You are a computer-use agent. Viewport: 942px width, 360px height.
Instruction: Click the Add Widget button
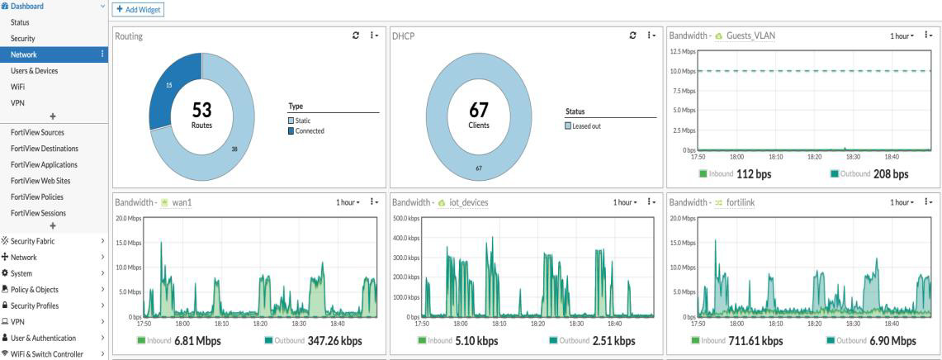(x=139, y=9)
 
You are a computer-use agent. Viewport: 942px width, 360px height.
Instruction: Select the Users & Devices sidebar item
(x=34, y=71)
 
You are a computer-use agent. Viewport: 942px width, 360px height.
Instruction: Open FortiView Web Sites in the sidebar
(x=40, y=181)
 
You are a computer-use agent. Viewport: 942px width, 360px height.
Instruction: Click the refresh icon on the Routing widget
(x=354, y=36)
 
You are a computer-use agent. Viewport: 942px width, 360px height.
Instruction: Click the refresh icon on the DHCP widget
(x=632, y=36)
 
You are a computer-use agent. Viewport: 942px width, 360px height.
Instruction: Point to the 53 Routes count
(x=201, y=114)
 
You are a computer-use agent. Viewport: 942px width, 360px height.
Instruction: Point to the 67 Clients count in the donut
(x=479, y=114)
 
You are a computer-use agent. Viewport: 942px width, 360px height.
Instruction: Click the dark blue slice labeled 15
(x=169, y=87)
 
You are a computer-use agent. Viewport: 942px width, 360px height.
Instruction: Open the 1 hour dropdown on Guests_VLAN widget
(x=903, y=36)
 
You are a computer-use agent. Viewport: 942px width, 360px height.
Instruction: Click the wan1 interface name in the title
(x=182, y=201)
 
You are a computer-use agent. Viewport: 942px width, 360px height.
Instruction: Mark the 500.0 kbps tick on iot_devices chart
(x=406, y=218)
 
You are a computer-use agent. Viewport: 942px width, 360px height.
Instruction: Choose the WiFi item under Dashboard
(x=17, y=87)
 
